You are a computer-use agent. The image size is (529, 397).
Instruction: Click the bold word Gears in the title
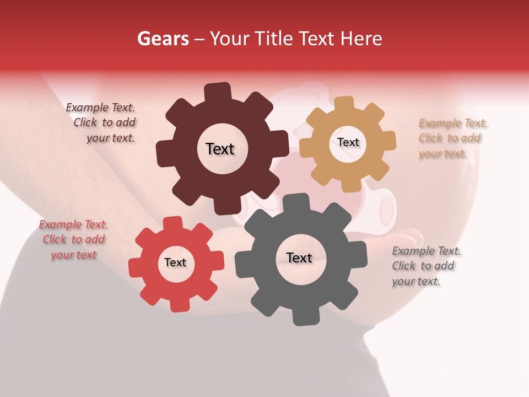(x=163, y=39)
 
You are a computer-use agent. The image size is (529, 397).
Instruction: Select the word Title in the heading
(x=277, y=39)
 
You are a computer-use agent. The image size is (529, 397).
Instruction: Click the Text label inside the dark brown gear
(x=220, y=149)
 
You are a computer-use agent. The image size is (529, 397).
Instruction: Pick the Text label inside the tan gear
(x=348, y=142)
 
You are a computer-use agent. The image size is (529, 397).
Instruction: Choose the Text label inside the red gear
(x=175, y=262)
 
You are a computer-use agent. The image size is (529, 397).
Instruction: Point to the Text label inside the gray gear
(x=299, y=257)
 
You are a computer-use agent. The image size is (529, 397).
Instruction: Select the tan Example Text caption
(x=452, y=138)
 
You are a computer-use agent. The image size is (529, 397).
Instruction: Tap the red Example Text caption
(x=73, y=239)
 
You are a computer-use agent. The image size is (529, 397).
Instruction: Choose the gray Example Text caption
(x=425, y=266)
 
